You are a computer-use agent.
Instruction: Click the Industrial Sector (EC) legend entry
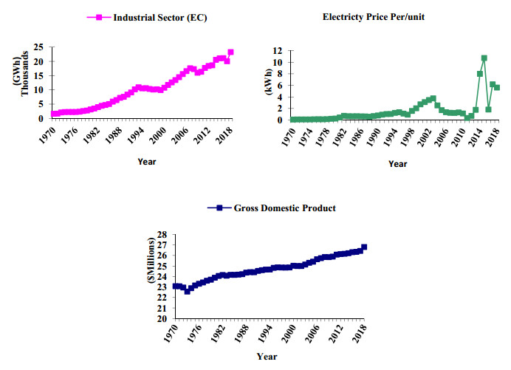tap(147, 16)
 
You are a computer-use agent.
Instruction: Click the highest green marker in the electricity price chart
tap(484, 58)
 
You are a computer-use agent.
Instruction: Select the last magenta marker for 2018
tap(230, 52)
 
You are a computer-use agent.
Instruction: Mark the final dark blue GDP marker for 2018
tap(364, 247)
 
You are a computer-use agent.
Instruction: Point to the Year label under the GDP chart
tap(267, 357)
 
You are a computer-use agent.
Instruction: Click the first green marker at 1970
tap(293, 120)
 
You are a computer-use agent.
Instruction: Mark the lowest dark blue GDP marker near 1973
tap(188, 291)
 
